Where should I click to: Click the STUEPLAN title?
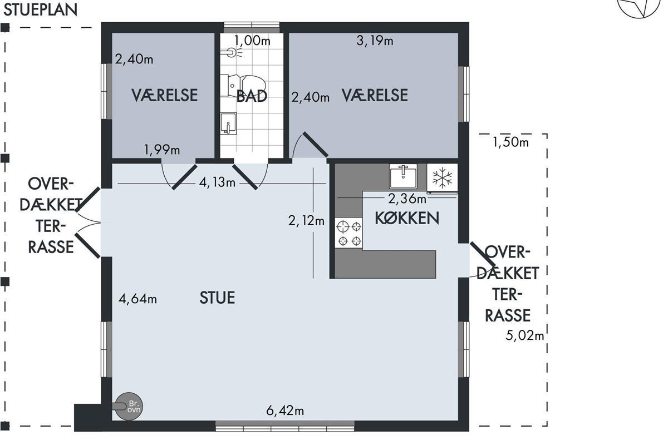tap(40, 9)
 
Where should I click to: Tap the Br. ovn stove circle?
tap(129, 406)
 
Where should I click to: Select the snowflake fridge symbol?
tap(442, 178)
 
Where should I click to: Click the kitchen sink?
tap(403, 176)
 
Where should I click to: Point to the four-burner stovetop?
tap(349, 234)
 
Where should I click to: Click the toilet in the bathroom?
tap(243, 86)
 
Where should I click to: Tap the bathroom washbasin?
tap(228, 123)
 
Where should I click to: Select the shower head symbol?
tap(232, 53)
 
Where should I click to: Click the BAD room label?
tap(252, 96)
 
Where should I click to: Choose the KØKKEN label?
tap(407, 218)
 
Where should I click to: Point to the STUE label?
tap(217, 298)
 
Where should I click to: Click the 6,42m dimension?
tap(285, 411)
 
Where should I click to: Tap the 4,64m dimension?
tap(138, 298)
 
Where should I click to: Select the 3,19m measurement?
tap(375, 41)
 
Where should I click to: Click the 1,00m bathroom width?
tap(252, 41)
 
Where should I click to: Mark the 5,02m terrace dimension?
tap(525, 335)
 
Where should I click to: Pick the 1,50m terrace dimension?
tap(510, 142)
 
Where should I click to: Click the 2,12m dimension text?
tap(306, 221)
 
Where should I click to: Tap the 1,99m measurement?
tap(162, 150)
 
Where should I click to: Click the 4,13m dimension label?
tap(217, 182)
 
